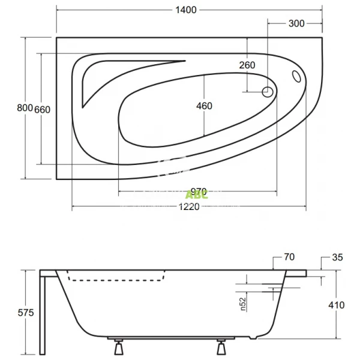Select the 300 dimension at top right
[296, 23]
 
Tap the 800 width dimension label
[24, 108]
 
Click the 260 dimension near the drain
[247, 65]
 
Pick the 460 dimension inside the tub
[204, 106]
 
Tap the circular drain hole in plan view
[268, 92]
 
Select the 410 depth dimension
[337, 305]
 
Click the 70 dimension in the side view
[289, 257]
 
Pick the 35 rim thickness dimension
[337, 257]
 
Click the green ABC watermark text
[196, 194]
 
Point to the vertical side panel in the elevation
[43, 312]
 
